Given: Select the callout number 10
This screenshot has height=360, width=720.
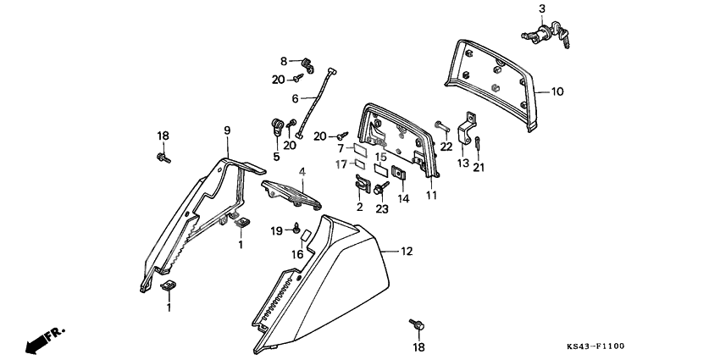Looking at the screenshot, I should click(x=557, y=91).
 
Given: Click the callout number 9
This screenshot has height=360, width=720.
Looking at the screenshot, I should click(x=227, y=130).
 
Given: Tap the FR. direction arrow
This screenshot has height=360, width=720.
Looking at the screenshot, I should click(x=42, y=340).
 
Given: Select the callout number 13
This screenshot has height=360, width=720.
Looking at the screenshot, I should click(x=463, y=163).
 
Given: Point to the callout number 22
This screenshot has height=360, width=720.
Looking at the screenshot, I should click(x=446, y=146).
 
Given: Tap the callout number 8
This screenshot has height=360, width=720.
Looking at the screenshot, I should click(x=285, y=60).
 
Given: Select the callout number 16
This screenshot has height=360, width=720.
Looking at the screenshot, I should click(x=297, y=253).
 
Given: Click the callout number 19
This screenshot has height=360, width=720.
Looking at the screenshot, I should click(x=276, y=231).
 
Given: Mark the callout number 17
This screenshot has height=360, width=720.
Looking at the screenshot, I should click(x=341, y=164).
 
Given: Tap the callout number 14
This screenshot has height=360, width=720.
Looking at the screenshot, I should click(x=403, y=199).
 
